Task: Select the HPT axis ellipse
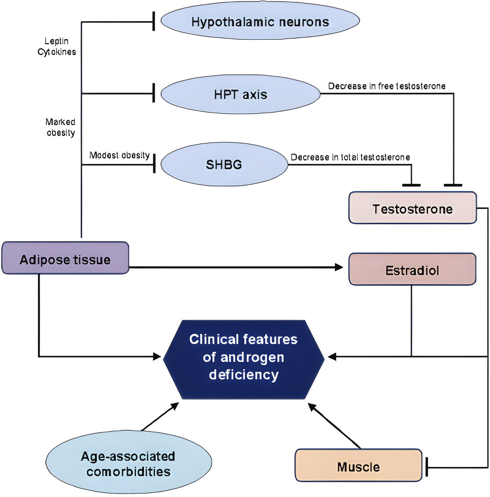click(240, 94)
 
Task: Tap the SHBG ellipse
click(224, 164)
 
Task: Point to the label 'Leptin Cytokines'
click(57, 46)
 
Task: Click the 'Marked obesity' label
click(60, 127)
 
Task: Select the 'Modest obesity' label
click(119, 155)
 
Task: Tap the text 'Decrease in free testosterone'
click(387, 86)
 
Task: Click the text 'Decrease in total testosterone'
click(350, 157)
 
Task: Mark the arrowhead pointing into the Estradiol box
click(339, 267)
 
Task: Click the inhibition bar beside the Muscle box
click(427, 467)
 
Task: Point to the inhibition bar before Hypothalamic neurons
click(154, 22)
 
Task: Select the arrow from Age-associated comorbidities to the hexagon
click(160, 417)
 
